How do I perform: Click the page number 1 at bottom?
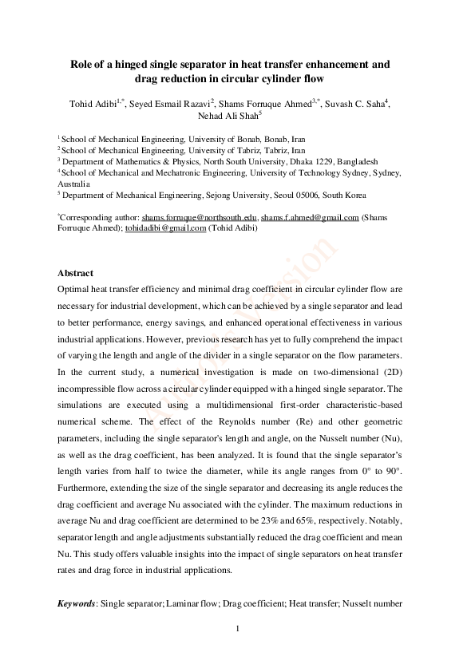[238, 631]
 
